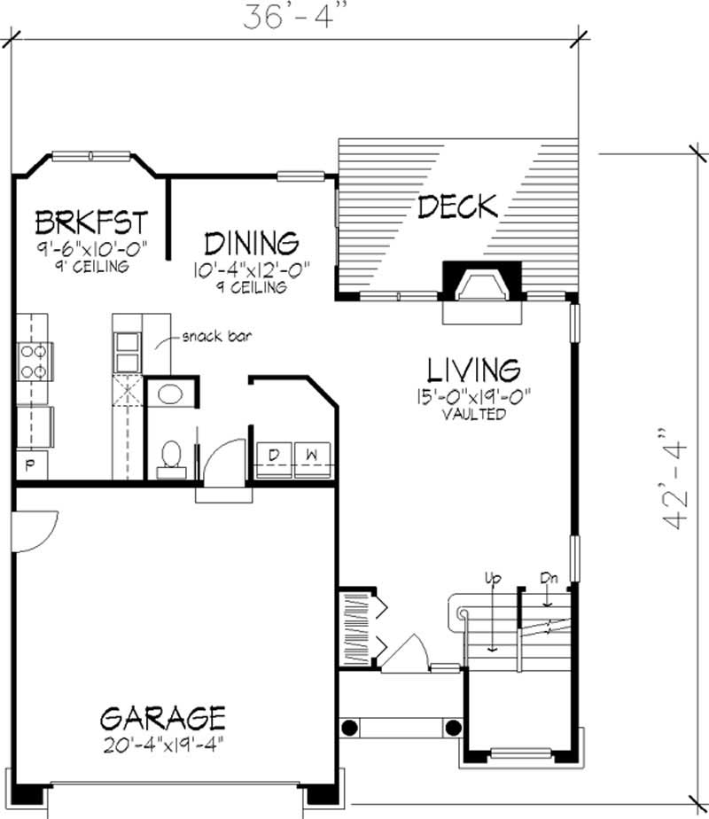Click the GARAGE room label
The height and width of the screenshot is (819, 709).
pos(162,715)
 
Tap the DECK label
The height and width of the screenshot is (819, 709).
pos(457,207)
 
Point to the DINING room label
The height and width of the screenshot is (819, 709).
pos(251,242)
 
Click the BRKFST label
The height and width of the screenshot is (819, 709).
pos(90,220)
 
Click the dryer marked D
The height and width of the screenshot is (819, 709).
pos(274,456)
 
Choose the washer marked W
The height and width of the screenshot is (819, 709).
pos(312,456)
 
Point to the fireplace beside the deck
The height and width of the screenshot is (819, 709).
pos(478,285)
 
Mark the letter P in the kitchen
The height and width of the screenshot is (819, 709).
pos(28,465)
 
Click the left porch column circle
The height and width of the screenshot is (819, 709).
pos(350,728)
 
